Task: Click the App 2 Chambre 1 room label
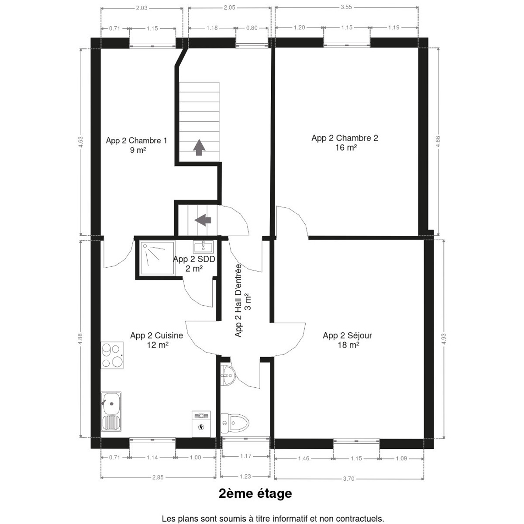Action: click(136, 145)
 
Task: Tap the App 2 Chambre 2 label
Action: click(345, 143)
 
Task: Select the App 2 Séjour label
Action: click(347, 340)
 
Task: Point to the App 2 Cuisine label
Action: click(157, 340)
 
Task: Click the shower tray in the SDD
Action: click(157, 258)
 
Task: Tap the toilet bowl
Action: click(234, 423)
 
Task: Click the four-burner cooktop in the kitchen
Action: click(112, 355)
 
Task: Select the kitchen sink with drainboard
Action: click(111, 411)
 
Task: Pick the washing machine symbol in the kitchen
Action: click(201, 424)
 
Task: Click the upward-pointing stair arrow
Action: click(199, 148)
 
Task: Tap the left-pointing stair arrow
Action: click(203, 220)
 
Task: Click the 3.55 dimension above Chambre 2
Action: click(346, 7)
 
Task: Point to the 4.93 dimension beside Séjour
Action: click(444, 339)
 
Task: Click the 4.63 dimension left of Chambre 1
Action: click(81, 142)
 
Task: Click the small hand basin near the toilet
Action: click(228, 376)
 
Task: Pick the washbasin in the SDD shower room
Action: click(203, 247)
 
